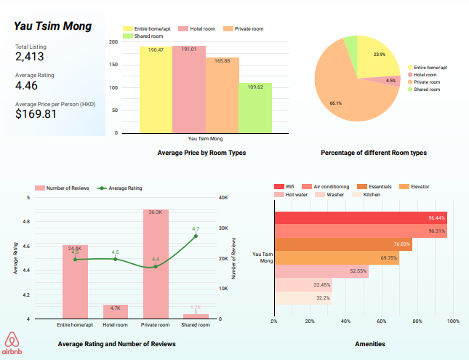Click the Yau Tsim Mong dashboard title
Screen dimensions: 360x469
(53, 27)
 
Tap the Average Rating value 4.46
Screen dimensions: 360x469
(28, 86)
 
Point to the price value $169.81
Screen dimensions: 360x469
(36, 114)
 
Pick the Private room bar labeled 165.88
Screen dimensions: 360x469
(222, 95)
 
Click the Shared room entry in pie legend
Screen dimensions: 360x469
(428, 89)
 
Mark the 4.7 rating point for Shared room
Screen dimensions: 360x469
(196, 236)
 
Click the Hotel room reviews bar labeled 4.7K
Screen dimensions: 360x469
(116, 311)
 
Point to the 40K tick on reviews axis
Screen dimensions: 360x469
(225, 197)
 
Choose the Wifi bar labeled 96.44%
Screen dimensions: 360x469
(361, 217)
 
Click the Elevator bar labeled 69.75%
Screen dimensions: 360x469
(336, 257)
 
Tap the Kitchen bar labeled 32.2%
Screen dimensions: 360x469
(302, 297)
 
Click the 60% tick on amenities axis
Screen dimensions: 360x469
(382, 321)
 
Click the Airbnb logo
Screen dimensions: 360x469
(12, 343)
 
